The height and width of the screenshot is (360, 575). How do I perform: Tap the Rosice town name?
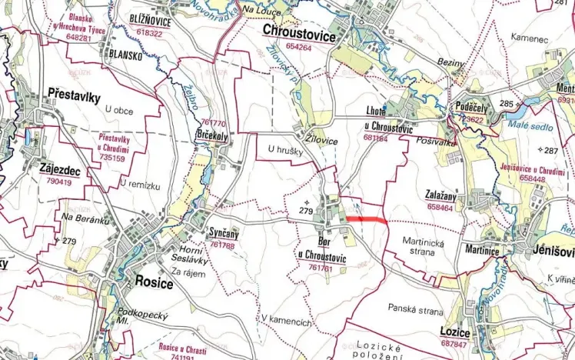point(154,282)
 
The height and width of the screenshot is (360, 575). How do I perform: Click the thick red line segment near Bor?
point(366,220)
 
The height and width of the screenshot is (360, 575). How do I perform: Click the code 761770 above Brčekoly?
point(213,123)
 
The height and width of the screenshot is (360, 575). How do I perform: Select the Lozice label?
point(455,330)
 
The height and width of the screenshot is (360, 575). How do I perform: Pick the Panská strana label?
point(416,311)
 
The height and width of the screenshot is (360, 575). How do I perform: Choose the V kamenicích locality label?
point(285,319)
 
